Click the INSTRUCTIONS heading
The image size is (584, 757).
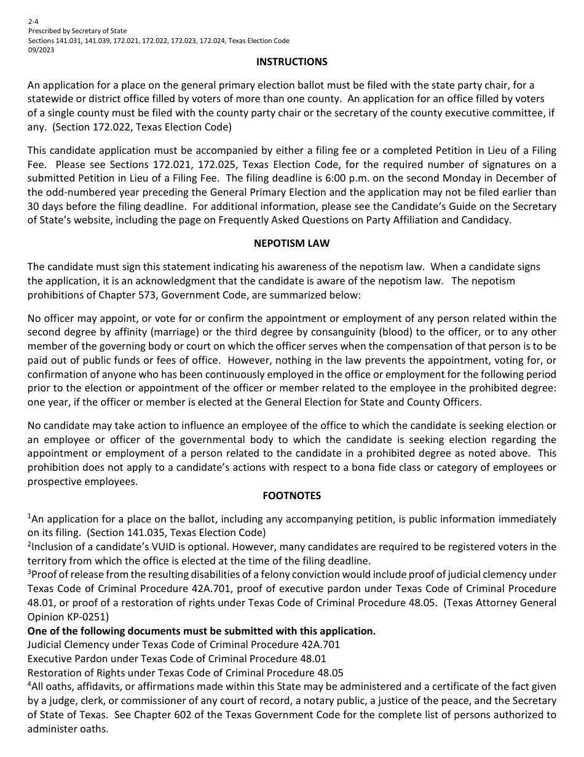(x=291, y=62)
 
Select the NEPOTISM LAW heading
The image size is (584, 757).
(x=291, y=243)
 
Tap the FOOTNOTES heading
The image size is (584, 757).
(x=291, y=495)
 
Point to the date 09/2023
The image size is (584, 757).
(x=41, y=50)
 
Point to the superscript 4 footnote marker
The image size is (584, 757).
(x=29, y=684)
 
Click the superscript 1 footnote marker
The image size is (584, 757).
(x=29, y=516)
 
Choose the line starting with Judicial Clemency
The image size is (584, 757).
(x=183, y=644)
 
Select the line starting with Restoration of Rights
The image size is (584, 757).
(x=185, y=673)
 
